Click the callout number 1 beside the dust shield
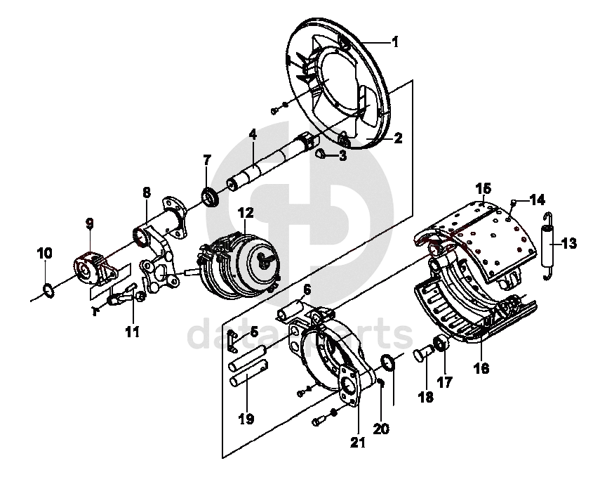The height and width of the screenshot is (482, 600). tap(395, 41)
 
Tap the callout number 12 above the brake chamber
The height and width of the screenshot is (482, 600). tap(246, 213)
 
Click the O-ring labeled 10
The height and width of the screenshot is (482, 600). tap(48, 290)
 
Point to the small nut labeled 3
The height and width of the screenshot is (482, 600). tap(320, 154)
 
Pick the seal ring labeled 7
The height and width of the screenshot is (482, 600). tap(210, 196)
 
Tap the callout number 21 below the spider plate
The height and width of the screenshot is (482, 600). tap(358, 442)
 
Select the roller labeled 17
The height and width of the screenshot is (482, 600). tap(441, 343)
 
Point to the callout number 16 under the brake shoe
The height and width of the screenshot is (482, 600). tap(481, 368)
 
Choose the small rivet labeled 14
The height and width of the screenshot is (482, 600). tap(514, 202)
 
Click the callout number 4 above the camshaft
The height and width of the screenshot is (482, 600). tap(252, 135)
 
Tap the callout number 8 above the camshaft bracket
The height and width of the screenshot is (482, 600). tap(147, 193)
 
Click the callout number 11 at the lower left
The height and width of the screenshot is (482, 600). tap(133, 332)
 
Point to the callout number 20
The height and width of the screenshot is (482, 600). tap(381, 429)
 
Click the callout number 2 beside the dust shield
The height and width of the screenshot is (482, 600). tap(398, 138)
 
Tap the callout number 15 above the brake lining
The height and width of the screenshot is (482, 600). tap(484, 188)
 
